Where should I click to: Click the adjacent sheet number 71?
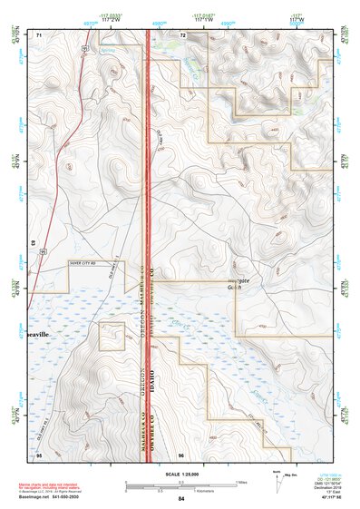(39, 34)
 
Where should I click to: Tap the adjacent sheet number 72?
(182, 34)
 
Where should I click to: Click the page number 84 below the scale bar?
(181, 499)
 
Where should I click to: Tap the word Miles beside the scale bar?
(242, 481)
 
